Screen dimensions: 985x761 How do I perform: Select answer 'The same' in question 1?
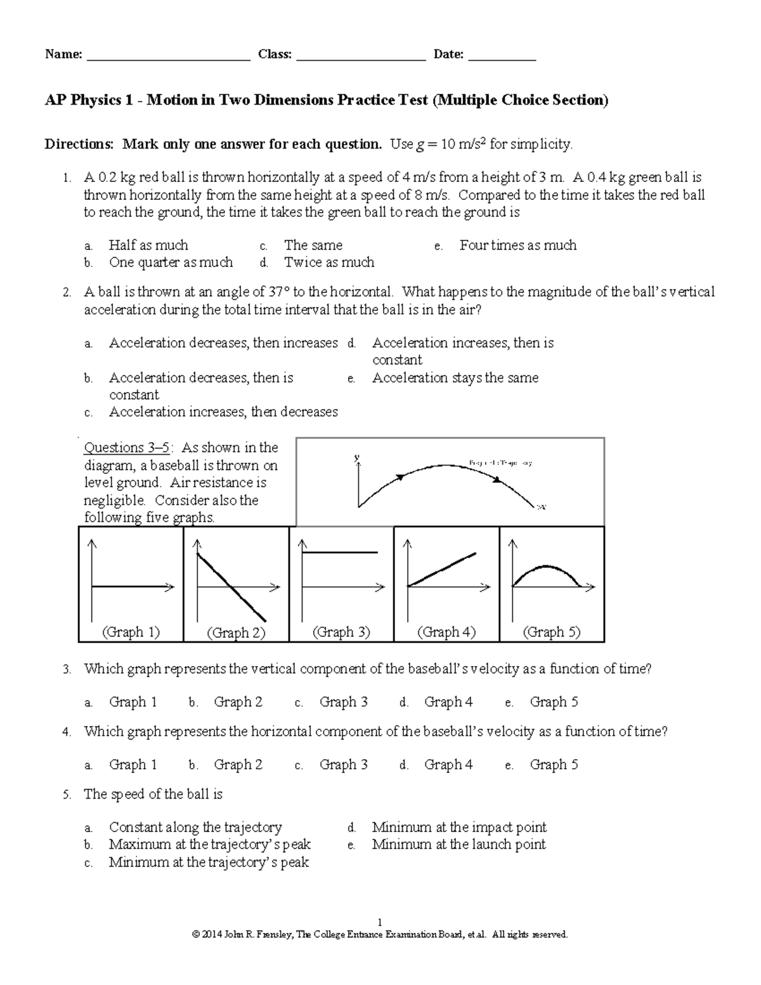tap(313, 245)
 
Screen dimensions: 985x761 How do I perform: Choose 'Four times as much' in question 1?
tap(517, 245)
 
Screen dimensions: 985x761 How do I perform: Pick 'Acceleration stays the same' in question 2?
tap(455, 378)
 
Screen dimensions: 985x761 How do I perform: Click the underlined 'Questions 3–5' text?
tap(127, 448)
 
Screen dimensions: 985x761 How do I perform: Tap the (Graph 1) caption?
tap(131, 632)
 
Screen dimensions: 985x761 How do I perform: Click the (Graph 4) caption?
tap(446, 632)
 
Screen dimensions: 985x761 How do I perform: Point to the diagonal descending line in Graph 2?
tap(231, 587)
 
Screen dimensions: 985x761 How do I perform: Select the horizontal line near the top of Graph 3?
tap(340, 552)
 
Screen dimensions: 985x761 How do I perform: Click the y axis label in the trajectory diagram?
tap(357, 457)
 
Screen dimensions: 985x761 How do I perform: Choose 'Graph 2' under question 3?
tap(238, 702)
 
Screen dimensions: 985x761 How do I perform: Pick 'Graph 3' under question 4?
tap(343, 765)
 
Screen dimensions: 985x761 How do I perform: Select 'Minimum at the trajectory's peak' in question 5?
tap(209, 863)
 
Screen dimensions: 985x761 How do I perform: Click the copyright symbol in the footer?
tap(196, 934)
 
